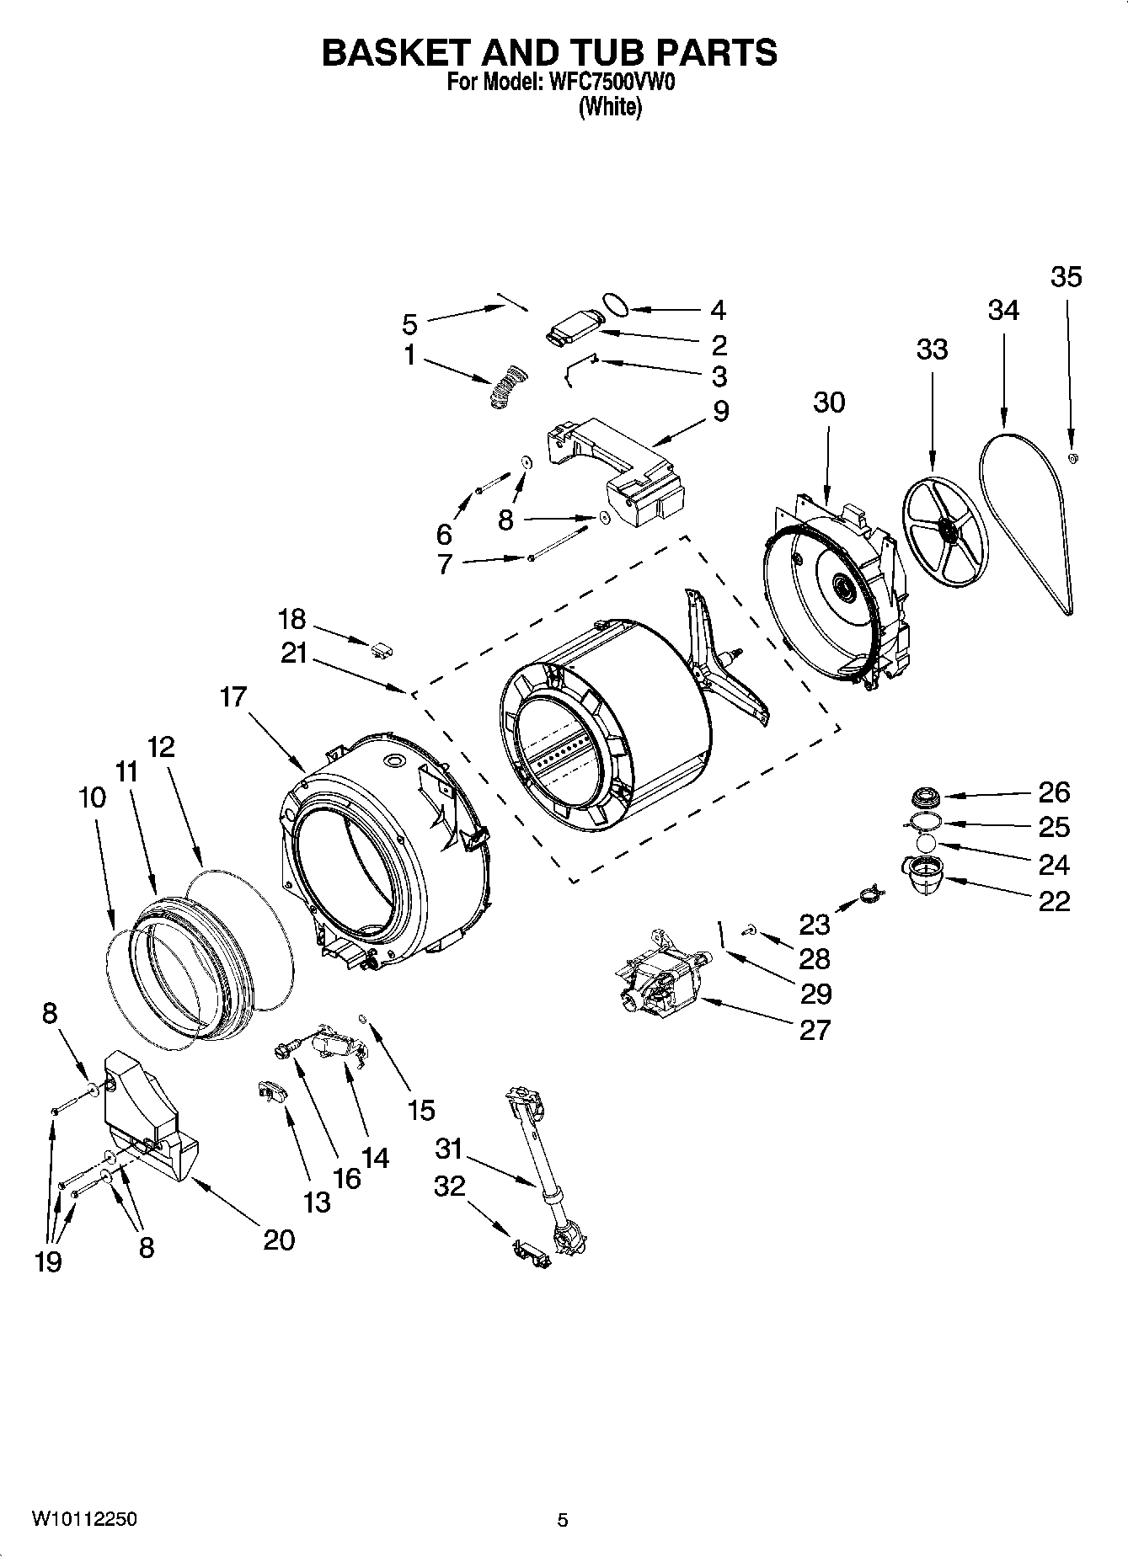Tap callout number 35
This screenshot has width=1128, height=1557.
1066,277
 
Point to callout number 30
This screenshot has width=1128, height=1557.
828,403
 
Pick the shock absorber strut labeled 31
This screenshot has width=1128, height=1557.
547,1170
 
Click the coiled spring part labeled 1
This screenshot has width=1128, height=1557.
506,388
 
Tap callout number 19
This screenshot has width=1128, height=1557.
48,1261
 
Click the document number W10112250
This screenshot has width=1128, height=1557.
84,1519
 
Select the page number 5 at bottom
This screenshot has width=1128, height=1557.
563,1520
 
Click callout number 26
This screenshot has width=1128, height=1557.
1053,792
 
